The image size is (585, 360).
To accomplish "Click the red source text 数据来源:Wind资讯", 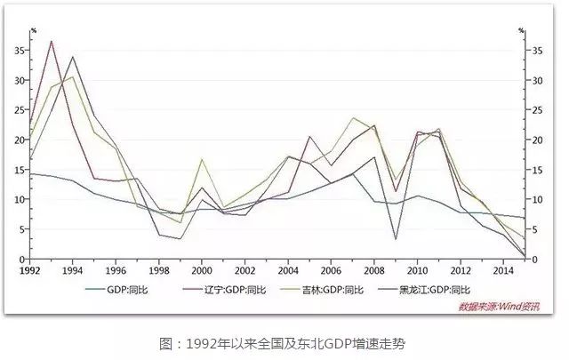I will click(499, 308).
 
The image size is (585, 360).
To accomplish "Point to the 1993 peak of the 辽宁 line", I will click(52, 41).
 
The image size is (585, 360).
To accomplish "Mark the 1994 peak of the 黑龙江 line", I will click(73, 57).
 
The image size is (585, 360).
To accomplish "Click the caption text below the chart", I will click(292, 343).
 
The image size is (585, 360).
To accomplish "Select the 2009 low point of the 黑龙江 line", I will click(396, 238).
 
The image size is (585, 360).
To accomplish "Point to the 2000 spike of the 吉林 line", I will click(203, 160).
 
